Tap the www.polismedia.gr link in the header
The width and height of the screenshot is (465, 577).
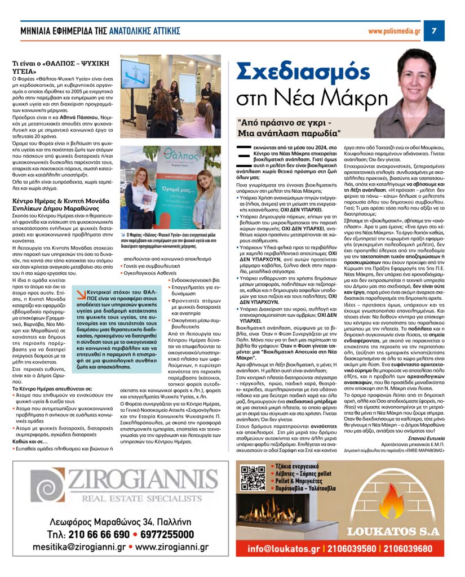tap(394, 31)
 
